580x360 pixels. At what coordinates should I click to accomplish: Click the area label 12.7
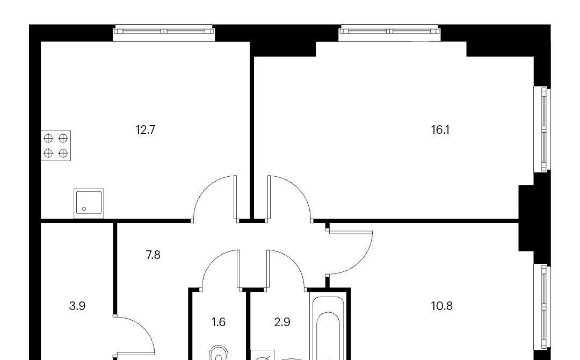pos(146,130)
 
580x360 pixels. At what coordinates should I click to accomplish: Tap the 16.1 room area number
pos(440,130)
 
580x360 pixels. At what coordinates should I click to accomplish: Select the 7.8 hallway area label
pos(153,255)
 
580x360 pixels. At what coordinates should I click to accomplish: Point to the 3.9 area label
pos(77,306)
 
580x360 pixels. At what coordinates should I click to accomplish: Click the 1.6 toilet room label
pos(218,322)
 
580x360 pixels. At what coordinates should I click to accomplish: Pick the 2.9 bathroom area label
pos(282,322)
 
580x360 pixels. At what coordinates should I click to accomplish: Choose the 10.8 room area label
pos(441,306)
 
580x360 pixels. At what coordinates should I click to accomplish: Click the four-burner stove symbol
pos(56,146)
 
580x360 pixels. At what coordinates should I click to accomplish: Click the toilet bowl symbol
pos(219,353)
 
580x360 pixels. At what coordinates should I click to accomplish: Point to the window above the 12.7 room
pos(164,33)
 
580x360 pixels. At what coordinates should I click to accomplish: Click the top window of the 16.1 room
pos(389,33)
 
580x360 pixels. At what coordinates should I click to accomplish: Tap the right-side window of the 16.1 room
pos(542,129)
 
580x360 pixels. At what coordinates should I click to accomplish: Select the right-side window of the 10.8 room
pos(542,308)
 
